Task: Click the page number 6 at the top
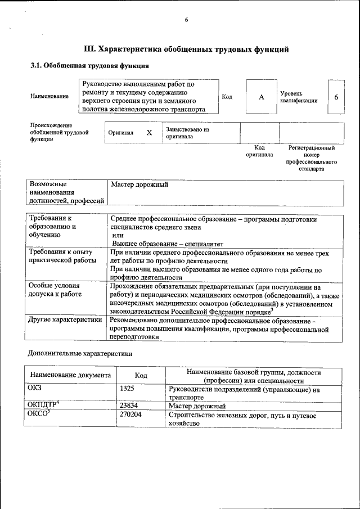tap(186, 21)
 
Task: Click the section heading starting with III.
tap(186, 49)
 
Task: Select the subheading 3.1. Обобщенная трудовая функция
tap(89, 66)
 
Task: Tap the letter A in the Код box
tap(261, 97)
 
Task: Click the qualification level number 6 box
tap(336, 97)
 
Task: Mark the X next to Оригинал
tap(149, 133)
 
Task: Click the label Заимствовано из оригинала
tap(187, 133)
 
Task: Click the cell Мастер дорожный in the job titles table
tap(139, 184)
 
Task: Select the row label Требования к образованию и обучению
tap(51, 227)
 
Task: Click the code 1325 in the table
tap(128, 388)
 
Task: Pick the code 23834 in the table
tap(129, 405)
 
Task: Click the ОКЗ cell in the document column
tap(35, 388)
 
